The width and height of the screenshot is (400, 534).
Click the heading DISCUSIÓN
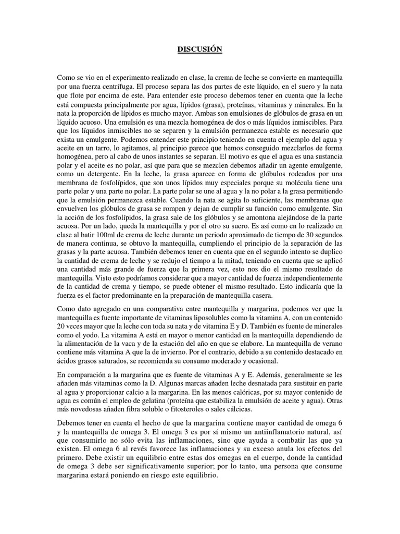tap(199, 50)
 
